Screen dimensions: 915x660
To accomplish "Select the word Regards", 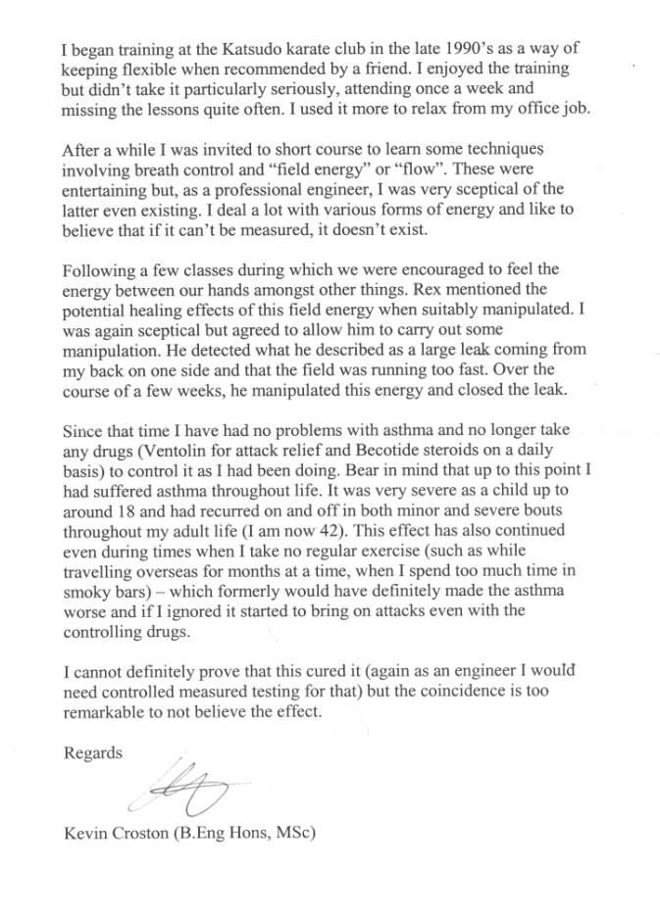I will pos(92,753).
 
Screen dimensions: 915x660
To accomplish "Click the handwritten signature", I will pos(186,790).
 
